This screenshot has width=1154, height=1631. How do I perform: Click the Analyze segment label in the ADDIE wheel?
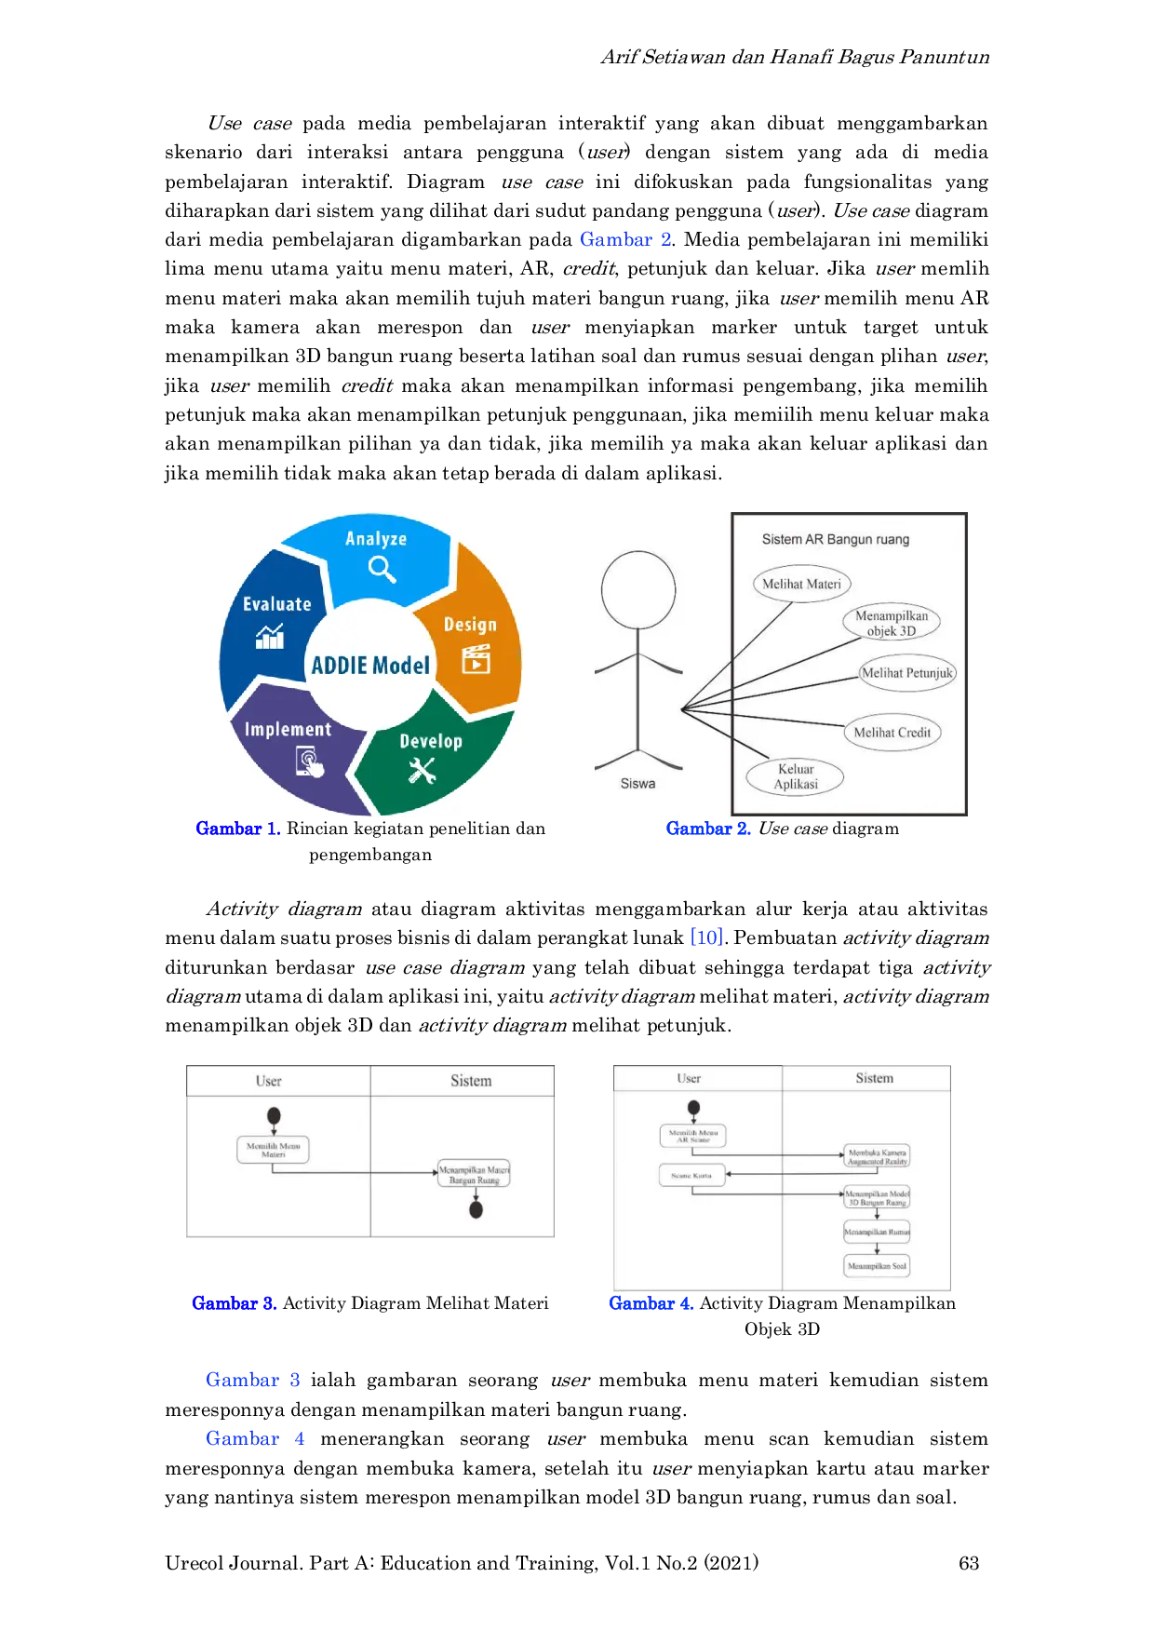pyautogui.click(x=376, y=539)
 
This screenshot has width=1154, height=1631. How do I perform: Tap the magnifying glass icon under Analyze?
pyautogui.click(x=382, y=568)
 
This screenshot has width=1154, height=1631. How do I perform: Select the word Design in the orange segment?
pyautogui.click(x=470, y=625)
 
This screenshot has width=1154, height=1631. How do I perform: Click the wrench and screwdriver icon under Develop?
pyautogui.click(x=422, y=770)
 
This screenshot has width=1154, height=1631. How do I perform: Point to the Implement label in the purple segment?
pyautogui.click(x=288, y=730)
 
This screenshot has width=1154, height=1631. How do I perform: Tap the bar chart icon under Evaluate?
pyautogui.click(x=270, y=637)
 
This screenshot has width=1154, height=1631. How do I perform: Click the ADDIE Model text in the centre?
pyautogui.click(x=370, y=666)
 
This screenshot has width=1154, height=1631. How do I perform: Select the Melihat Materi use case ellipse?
pyautogui.click(x=801, y=585)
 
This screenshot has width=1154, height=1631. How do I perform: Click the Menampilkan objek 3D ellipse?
pyautogui.click(x=892, y=623)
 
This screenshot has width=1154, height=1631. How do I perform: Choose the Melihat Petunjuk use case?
pyautogui.click(x=907, y=673)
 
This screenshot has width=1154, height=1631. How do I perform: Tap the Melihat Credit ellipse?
pyautogui.click(x=892, y=733)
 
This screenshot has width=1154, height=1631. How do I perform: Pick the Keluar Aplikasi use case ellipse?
pyautogui.click(x=796, y=776)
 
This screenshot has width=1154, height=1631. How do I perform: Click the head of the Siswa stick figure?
pyautogui.click(x=638, y=589)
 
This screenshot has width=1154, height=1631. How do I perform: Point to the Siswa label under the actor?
pyautogui.click(x=637, y=784)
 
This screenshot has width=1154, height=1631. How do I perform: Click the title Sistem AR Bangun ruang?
pyautogui.click(x=836, y=540)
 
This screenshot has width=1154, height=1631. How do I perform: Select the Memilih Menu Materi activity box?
pyautogui.click(x=273, y=1150)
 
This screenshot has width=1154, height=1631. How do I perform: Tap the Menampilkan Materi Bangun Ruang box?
pyautogui.click(x=474, y=1174)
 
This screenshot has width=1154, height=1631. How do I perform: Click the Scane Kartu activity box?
pyautogui.click(x=691, y=1176)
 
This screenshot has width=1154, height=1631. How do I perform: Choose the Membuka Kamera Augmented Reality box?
pyautogui.click(x=877, y=1157)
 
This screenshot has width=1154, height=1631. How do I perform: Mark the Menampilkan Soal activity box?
pyautogui.click(x=877, y=1266)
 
